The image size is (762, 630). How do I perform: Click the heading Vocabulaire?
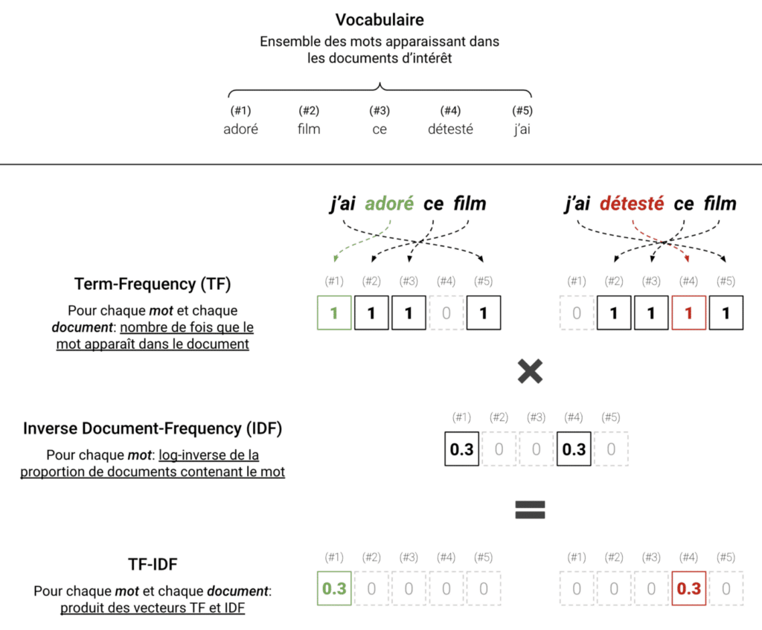coord(380,20)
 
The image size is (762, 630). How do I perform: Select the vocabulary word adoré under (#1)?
coord(240,129)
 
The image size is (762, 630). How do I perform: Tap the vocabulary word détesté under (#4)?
coord(450,129)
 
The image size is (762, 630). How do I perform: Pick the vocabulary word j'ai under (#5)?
coord(522,129)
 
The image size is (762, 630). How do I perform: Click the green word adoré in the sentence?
coord(389,204)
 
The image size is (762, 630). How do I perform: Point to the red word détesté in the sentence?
coord(631,204)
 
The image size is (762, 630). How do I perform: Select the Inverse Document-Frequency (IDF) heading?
coord(153,429)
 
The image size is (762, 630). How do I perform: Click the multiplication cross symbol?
coord(529,371)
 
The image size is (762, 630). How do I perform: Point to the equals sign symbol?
coord(530,509)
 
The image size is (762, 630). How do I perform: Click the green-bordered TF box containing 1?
coord(334,313)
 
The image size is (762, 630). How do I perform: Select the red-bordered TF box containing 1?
coord(688,313)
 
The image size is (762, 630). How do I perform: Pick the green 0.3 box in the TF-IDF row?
coord(334,588)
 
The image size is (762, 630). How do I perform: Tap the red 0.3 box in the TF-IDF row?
coord(688,588)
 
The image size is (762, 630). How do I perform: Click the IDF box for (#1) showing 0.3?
coord(462,449)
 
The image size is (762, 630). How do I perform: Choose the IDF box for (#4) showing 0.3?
coord(574,449)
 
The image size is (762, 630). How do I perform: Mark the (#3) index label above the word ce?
coord(380,111)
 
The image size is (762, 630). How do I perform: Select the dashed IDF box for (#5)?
coord(611,449)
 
